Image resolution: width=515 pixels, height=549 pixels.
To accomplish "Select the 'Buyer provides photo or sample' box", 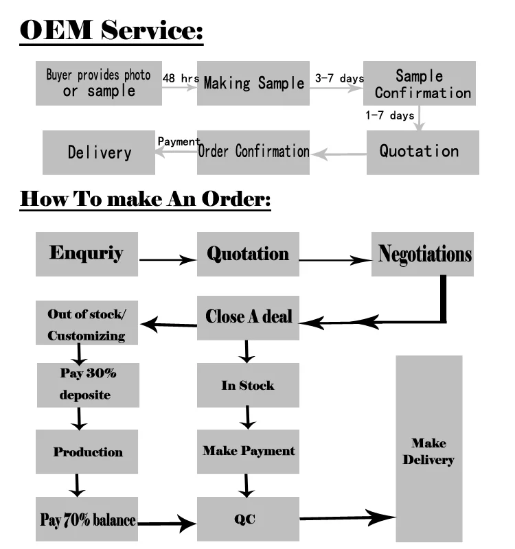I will (99, 83).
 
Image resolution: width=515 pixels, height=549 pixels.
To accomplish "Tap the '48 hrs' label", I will (181, 78).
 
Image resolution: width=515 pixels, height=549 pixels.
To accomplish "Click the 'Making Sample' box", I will (253, 83).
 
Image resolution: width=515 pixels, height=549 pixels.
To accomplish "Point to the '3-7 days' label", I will (339, 79).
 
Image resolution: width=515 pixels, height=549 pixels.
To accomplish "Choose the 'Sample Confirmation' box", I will (420, 84).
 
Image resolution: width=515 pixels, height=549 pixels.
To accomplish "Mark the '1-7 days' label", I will (389, 115).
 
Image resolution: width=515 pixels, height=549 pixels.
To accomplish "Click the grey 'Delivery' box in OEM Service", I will (99, 152).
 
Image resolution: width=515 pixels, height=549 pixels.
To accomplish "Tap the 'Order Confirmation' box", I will (253, 152).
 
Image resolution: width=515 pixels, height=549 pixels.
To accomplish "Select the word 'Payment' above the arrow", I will (179, 141).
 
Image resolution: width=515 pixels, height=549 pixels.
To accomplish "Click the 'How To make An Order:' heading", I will (146, 199).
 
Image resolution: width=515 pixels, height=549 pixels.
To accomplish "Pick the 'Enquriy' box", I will (87, 254).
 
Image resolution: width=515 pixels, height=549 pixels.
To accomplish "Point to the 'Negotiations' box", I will (422, 254).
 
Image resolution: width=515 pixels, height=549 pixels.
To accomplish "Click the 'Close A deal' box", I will (249, 317).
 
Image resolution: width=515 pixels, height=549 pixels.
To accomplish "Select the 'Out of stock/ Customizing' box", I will (87, 325).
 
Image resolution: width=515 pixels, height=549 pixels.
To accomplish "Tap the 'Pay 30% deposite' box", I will (88, 384).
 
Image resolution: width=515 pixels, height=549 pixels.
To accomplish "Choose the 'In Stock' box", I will (248, 386).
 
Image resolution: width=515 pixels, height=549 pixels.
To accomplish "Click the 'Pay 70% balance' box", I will (87, 519).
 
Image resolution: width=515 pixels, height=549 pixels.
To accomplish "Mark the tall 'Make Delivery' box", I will (428, 449).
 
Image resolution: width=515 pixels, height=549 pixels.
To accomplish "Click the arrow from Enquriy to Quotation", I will (168, 259).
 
